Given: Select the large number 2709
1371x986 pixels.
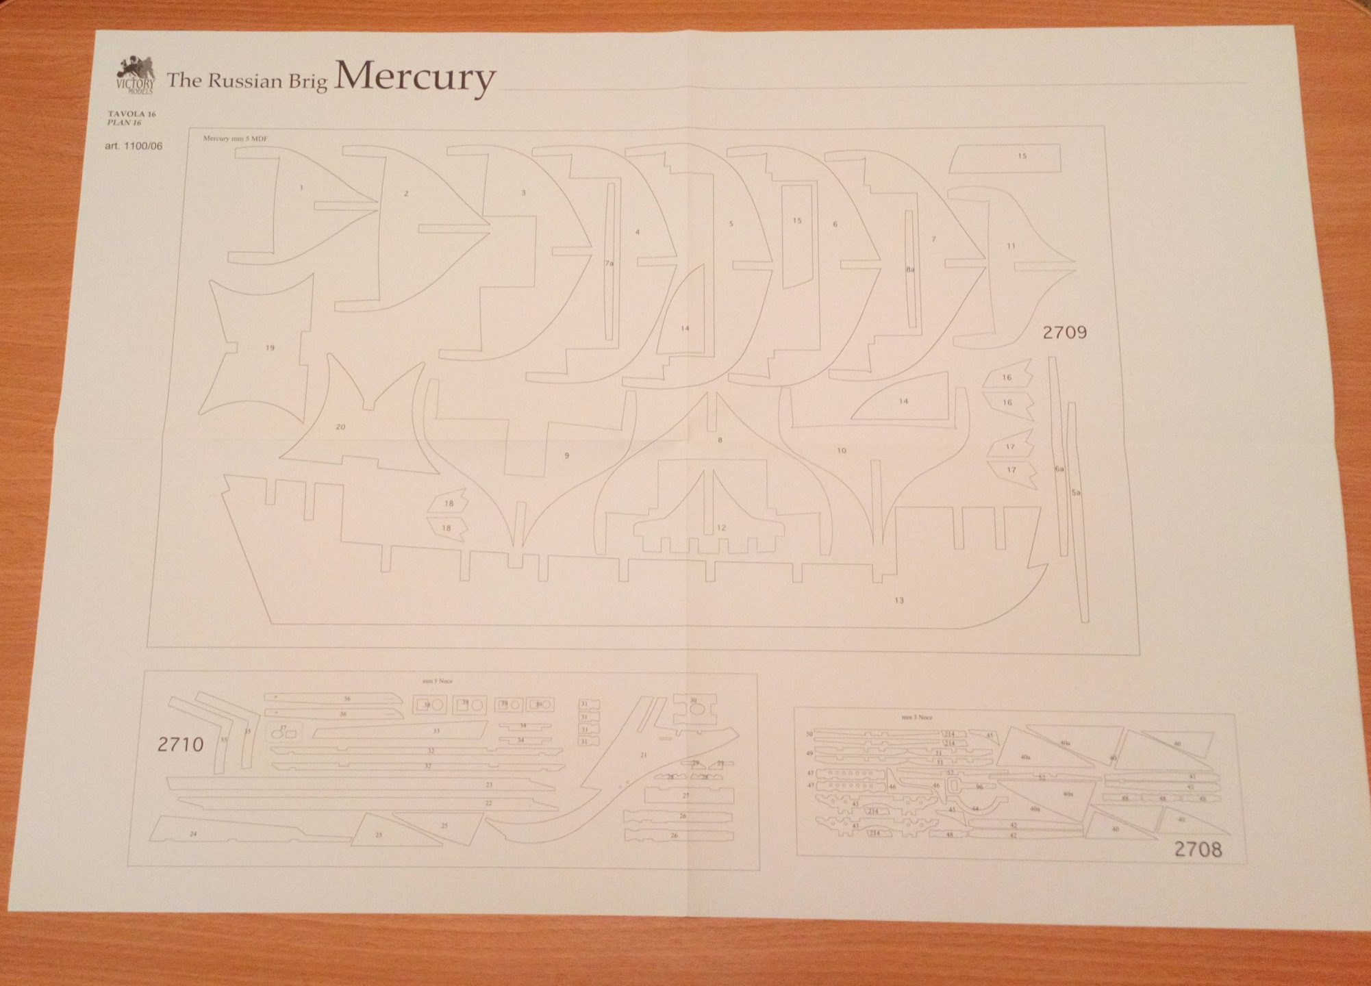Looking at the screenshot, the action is point(1064,333).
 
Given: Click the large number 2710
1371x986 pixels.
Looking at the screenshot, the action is point(180,744).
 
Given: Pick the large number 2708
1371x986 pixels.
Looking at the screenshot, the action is point(1198,849).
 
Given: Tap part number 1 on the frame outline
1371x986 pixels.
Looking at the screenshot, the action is point(301,188).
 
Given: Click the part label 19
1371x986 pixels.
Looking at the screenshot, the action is point(270,348).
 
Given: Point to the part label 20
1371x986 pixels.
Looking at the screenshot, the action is point(340,427).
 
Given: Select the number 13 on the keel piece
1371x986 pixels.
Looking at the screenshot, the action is point(898,601).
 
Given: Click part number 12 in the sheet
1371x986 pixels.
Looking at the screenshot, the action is point(721,528).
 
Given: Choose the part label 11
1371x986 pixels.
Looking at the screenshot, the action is point(1011,246).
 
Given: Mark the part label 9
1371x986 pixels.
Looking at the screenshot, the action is point(566,455).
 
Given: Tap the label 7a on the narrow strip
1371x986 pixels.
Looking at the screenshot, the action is point(609,263).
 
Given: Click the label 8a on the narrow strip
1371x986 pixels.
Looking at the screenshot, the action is point(909,270).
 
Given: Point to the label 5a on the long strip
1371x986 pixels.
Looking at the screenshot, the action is point(1075,492).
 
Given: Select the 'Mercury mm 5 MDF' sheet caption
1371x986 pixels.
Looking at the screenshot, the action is point(235,139).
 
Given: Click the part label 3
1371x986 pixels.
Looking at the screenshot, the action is point(523,193).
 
